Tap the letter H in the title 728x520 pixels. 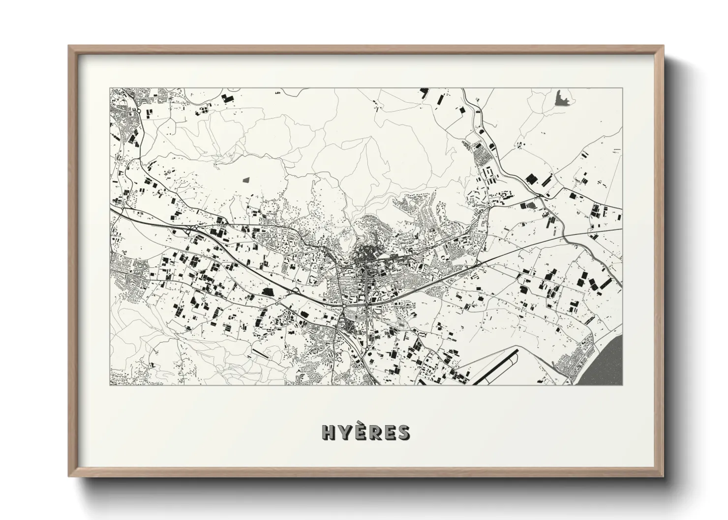pos(328,433)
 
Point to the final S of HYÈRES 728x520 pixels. pos(403,433)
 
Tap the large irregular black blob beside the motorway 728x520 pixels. pos(269,292)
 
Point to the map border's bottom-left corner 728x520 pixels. pos(110,384)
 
